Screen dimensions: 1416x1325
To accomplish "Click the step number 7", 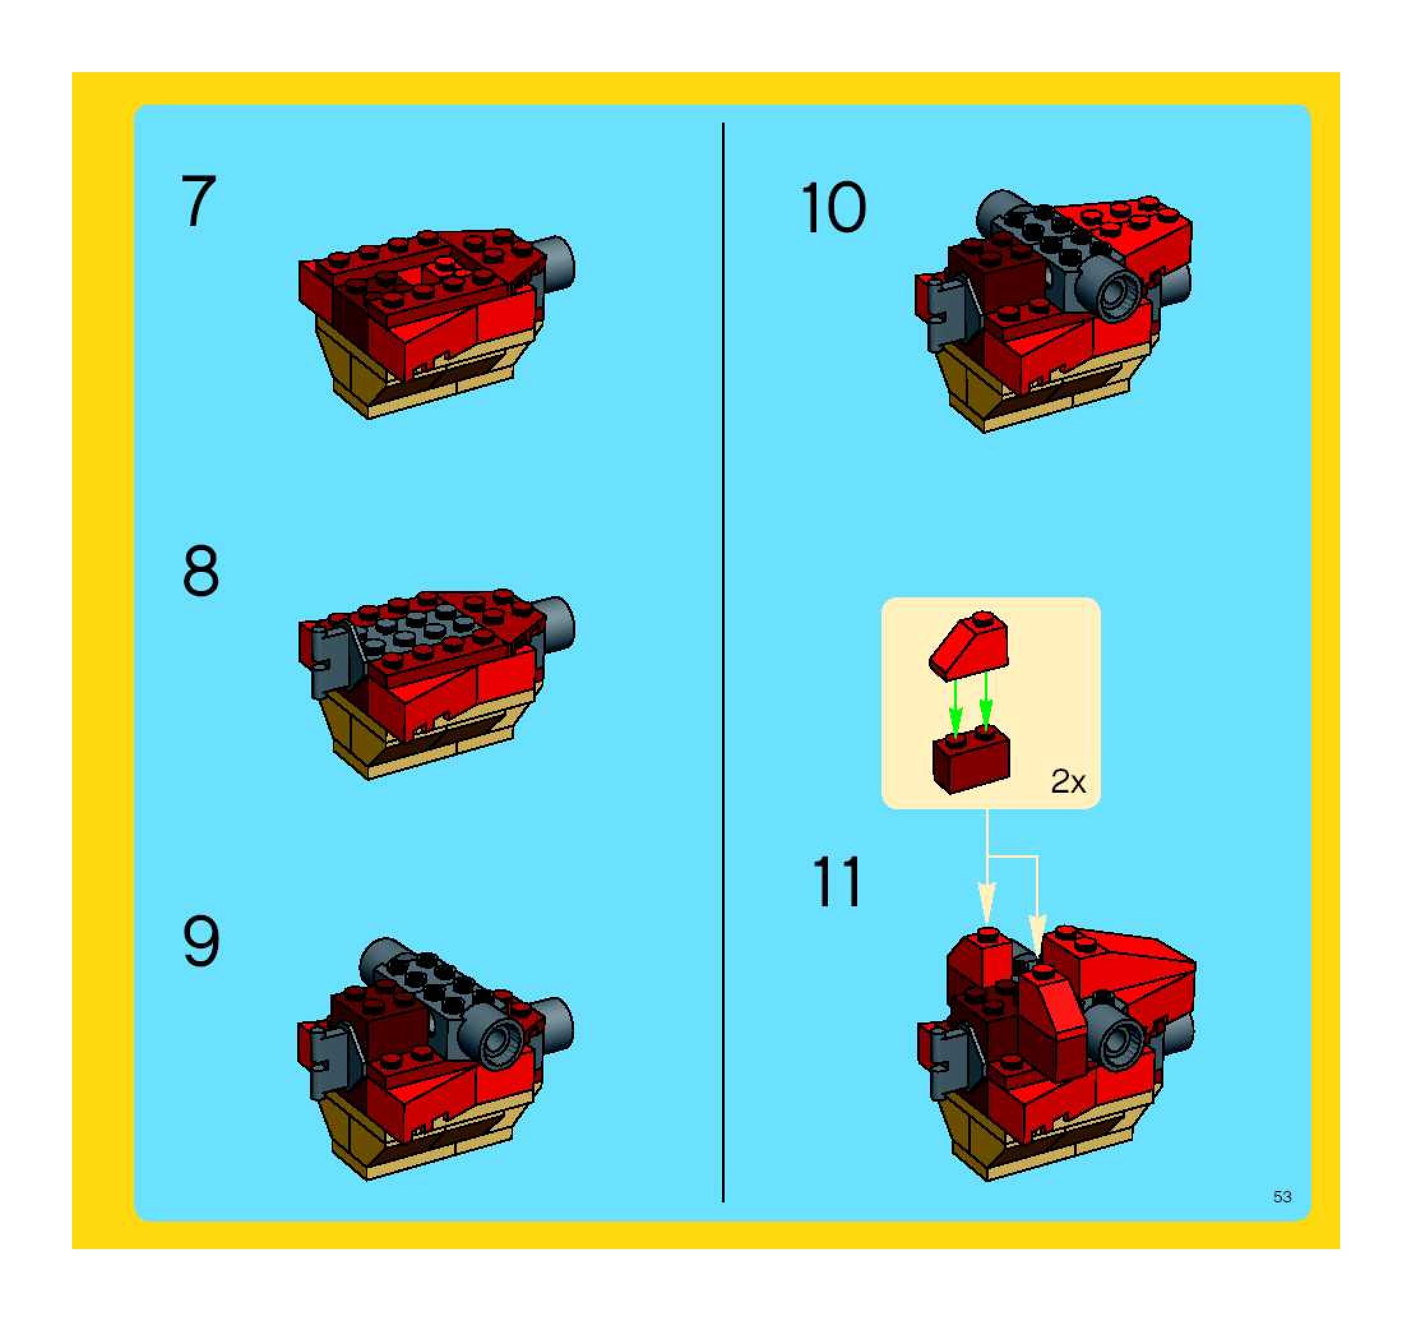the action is point(199,202).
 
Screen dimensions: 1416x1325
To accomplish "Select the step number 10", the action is point(834,207).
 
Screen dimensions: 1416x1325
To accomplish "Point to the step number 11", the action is point(836,881).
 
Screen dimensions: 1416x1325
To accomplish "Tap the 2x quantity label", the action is point(1068,782).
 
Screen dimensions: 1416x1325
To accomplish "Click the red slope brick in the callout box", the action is point(970,645).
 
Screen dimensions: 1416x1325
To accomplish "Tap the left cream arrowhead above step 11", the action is point(987,903).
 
